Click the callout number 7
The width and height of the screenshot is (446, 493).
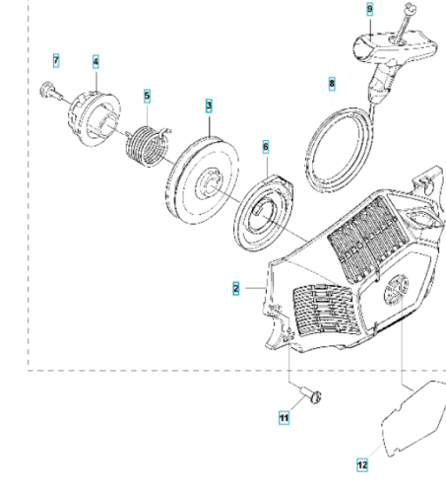[56, 61]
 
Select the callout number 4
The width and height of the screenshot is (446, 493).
[96, 62]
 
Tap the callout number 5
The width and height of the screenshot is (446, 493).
[147, 96]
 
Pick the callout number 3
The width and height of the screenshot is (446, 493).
[209, 106]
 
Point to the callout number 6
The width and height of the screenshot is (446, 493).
[266, 147]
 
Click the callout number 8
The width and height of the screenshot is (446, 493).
[332, 84]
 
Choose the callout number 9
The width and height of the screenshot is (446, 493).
[370, 9]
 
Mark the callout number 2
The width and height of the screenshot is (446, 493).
[235, 289]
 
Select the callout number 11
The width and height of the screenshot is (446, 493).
[284, 418]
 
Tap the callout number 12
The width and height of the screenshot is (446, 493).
[362, 465]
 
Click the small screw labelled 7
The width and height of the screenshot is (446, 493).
[52, 92]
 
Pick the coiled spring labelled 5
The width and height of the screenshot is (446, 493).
[149, 146]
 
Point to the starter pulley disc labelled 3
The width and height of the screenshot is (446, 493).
[203, 180]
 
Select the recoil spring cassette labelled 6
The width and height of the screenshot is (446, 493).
[264, 213]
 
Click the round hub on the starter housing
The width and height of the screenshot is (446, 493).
[397, 291]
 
